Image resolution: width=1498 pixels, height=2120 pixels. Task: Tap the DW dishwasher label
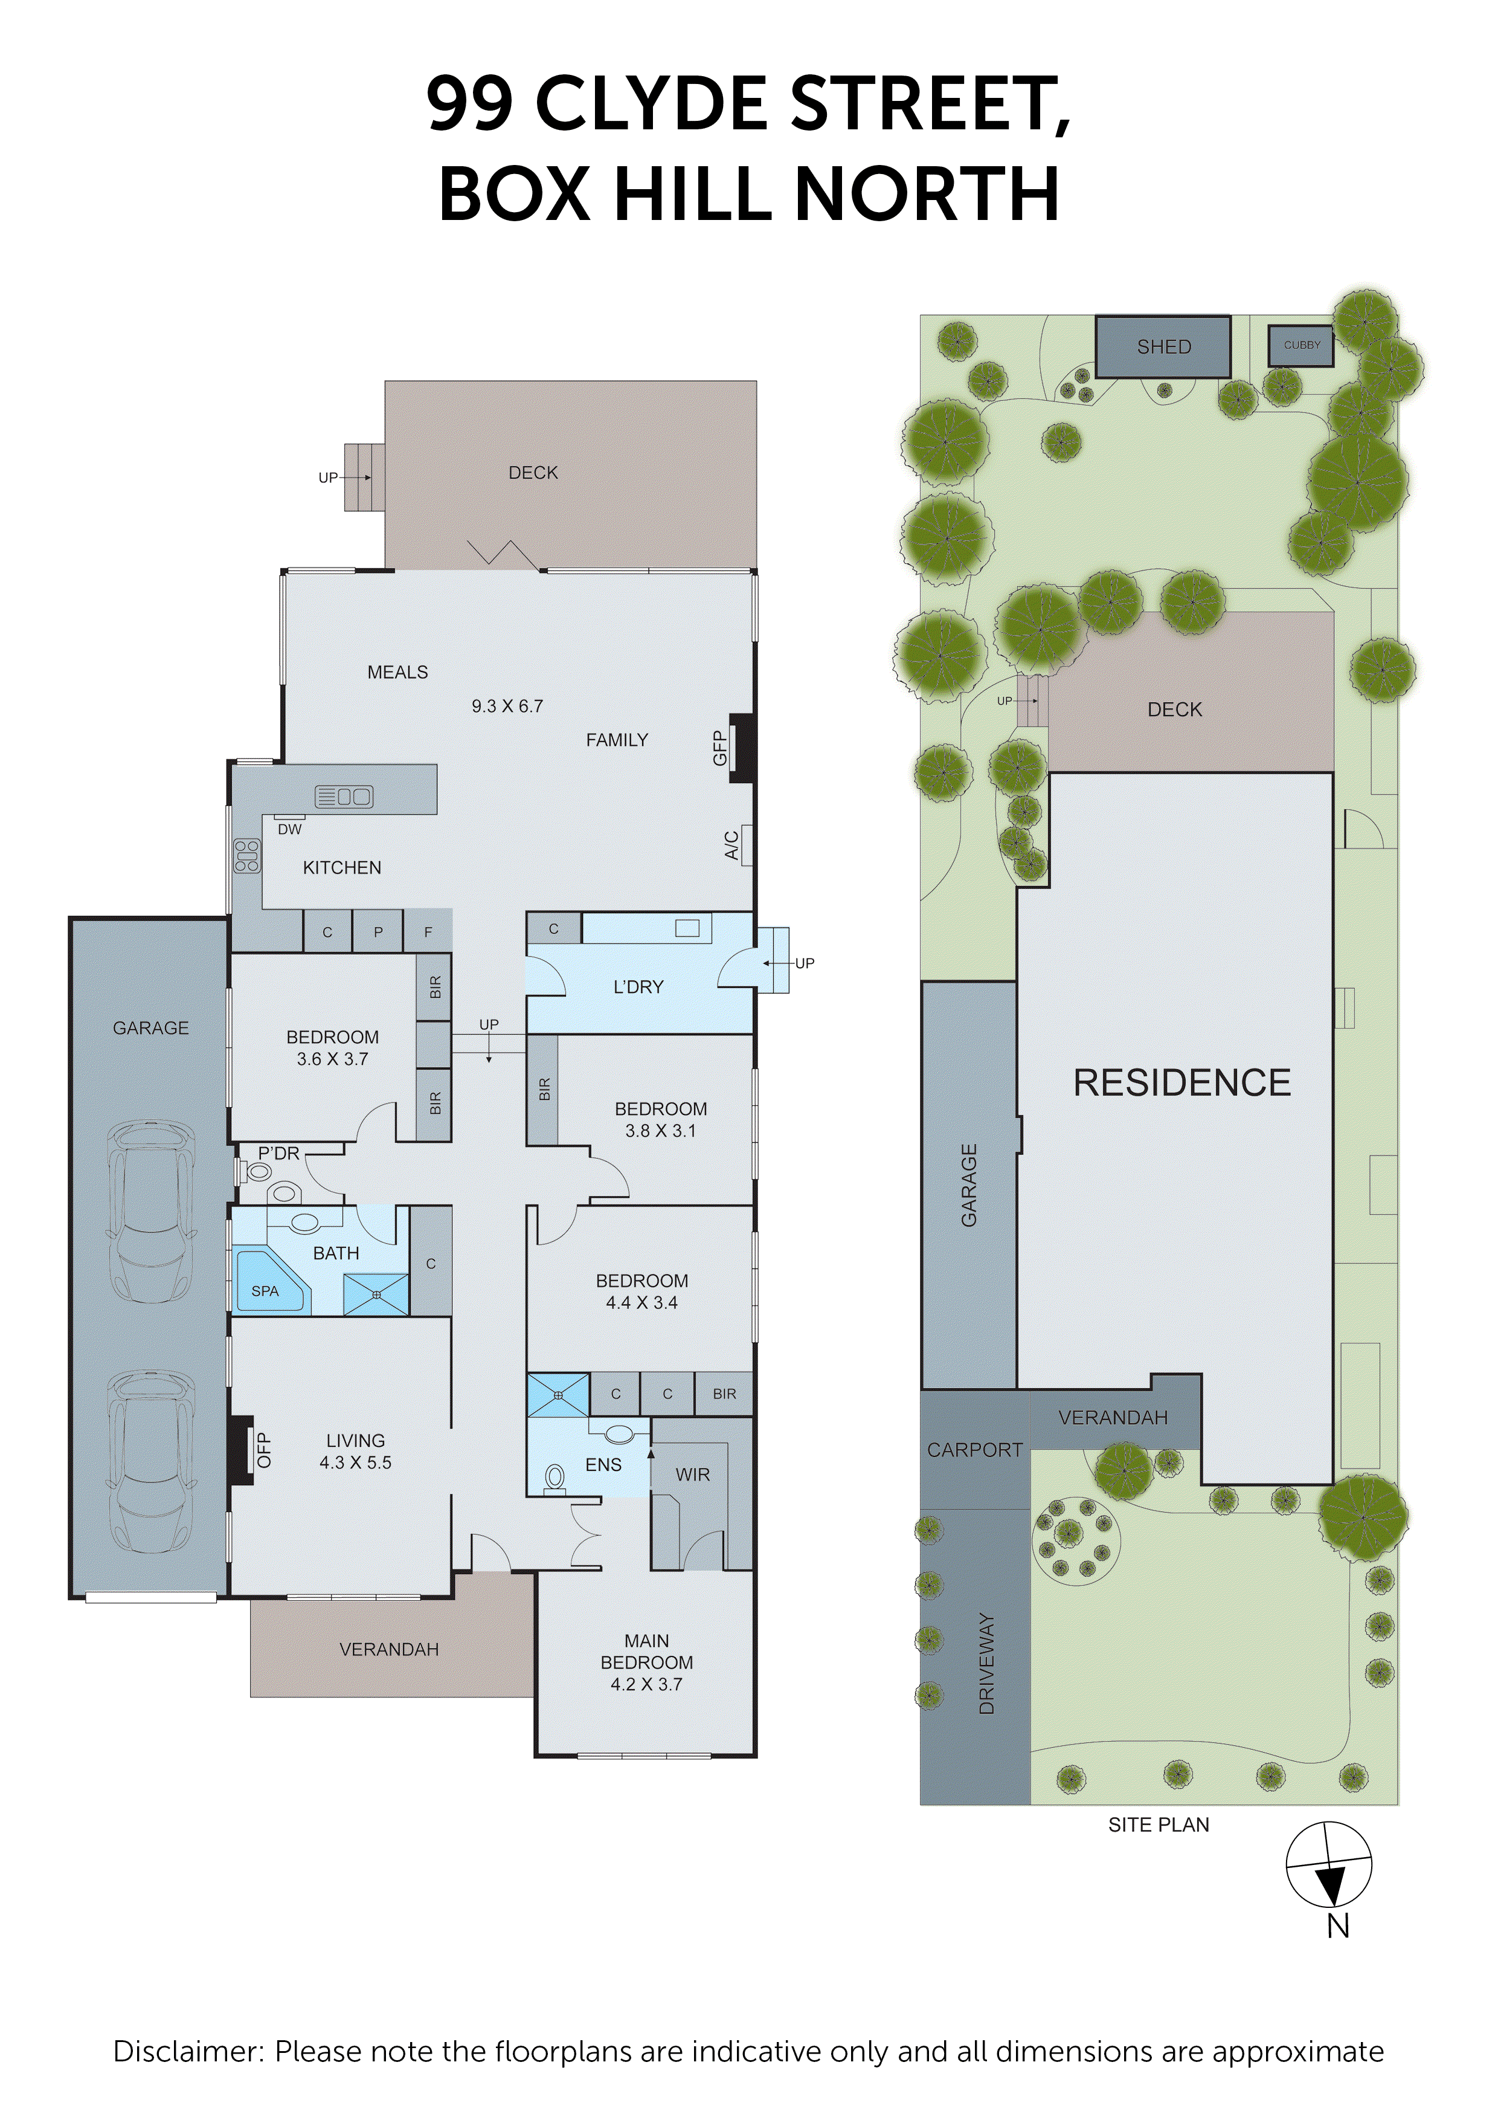tap(290, 829)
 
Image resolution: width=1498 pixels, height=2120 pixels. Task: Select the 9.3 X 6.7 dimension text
tap(507, 706)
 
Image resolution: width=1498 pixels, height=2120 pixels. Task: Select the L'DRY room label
tap(638, 987)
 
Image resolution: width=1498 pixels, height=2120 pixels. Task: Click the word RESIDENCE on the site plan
tap(1181, 1082)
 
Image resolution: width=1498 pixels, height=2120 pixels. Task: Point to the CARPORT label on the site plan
tap(975, 1450)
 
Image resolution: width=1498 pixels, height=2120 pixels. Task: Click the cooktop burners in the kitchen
tap(246, 856)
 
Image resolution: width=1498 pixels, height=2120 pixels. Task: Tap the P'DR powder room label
tap(278, 1153)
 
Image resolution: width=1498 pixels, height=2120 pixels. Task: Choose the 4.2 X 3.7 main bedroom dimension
tap(646, 1684)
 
